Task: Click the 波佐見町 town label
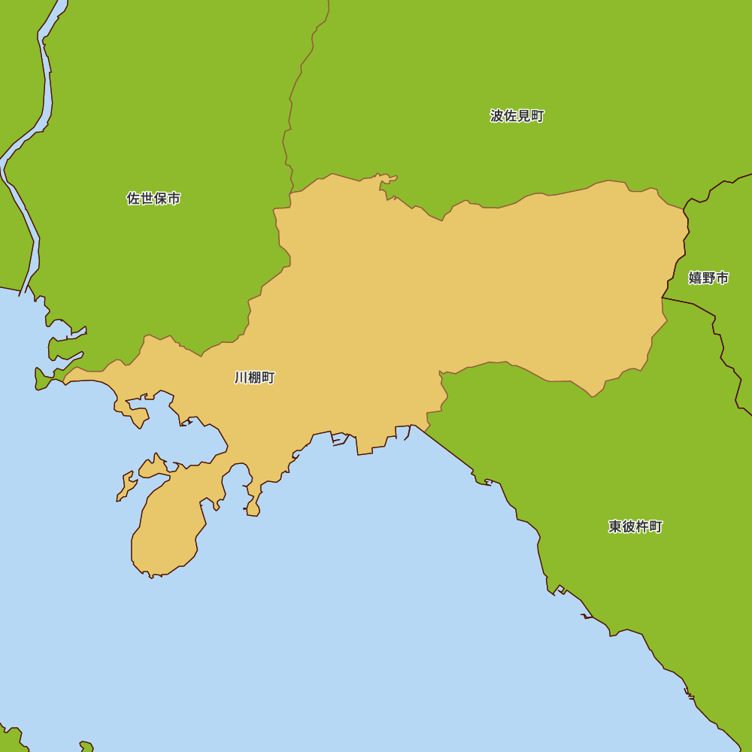point(517,116)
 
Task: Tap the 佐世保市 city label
point(153,199)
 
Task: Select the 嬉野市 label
point(708,277)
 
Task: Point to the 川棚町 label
point(254,378)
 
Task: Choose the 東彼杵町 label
point(635,526)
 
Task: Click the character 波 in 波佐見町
point(497,116)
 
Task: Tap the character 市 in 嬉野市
point(722,277)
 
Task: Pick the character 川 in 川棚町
point(241,378)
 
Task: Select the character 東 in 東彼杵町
point(615,526)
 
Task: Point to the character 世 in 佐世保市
point(147,199)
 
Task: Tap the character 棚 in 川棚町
point(254,378)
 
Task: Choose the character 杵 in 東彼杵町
point(641,526)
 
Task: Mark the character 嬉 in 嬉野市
point(695,277)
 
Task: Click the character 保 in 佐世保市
point(160,199)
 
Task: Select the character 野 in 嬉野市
point(708,277)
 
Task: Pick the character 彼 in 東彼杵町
point(629,526)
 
